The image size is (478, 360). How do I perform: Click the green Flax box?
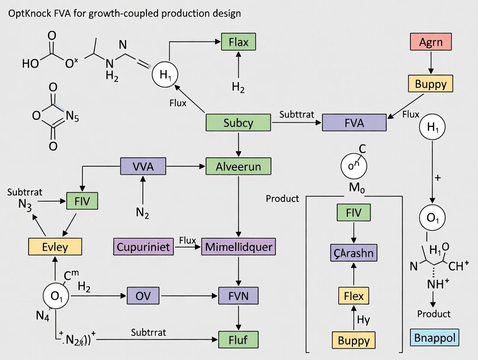click(x=238, y=42)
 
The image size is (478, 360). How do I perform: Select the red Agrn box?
click(x=430, y=42)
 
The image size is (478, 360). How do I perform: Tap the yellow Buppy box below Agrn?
click(x=430, y=84)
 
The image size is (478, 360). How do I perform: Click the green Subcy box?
click(x=238, y=122)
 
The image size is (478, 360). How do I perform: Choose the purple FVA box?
click(x=354, y=122)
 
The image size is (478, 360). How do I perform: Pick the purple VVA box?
click(x=143, y=166)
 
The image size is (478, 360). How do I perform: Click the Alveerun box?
click(x=238, y=166)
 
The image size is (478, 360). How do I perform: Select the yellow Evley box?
click(x=55, y=247)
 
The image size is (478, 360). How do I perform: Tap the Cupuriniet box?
click(x=143, y=247)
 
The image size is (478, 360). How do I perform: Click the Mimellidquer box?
click(x=238, y=247)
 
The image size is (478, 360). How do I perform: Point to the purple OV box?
click(x=143, y=296)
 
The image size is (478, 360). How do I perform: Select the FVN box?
click(x=238, y=296)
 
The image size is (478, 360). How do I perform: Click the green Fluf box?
click(x=238, y=339)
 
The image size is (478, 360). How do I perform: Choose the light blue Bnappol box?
click(x=434, y=337)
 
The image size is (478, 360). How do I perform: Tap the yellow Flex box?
click(x=354, y=297)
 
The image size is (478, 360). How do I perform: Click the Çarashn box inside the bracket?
click(x=354, y=253)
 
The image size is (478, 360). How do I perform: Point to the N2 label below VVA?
click(x=142, y=212)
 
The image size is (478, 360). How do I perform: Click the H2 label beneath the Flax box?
click(x=238, y=87)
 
